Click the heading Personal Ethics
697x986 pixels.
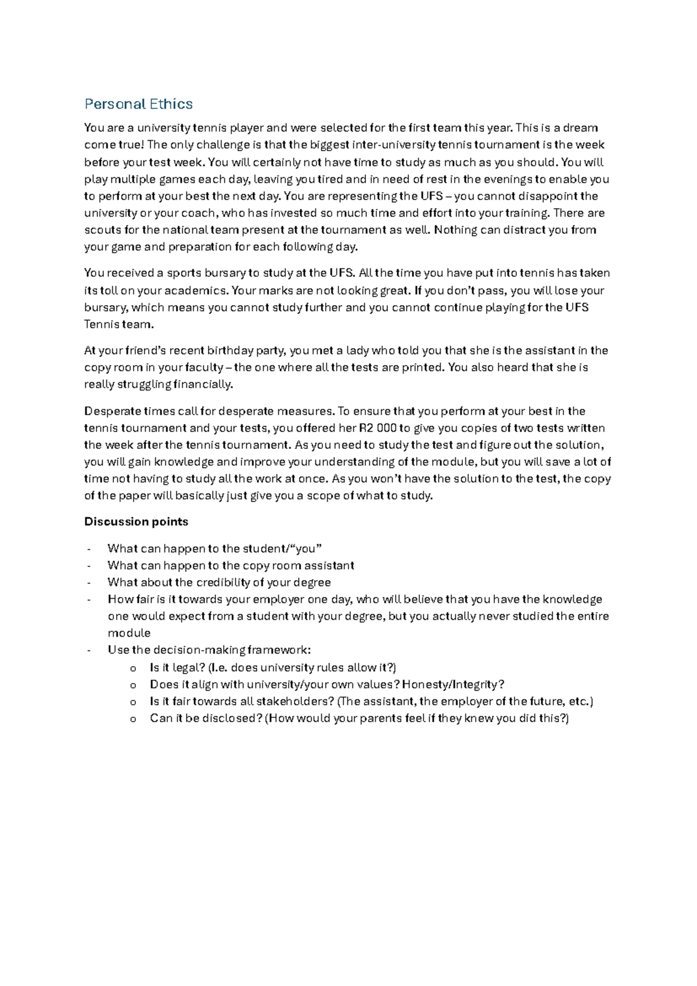click(x=138, y=104)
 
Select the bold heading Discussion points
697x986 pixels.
click(x=136, y=521)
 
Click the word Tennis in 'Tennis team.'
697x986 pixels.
click(x=102, y=324)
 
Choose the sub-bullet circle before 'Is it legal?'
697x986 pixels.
click(x=133, y=669)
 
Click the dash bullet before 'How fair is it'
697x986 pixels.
click(x=88, y=599)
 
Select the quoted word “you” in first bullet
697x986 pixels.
click(x=309, y=549)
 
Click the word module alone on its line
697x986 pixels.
click(x=129, y=633)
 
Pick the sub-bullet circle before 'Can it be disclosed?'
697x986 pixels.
click(x=133, y=719)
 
